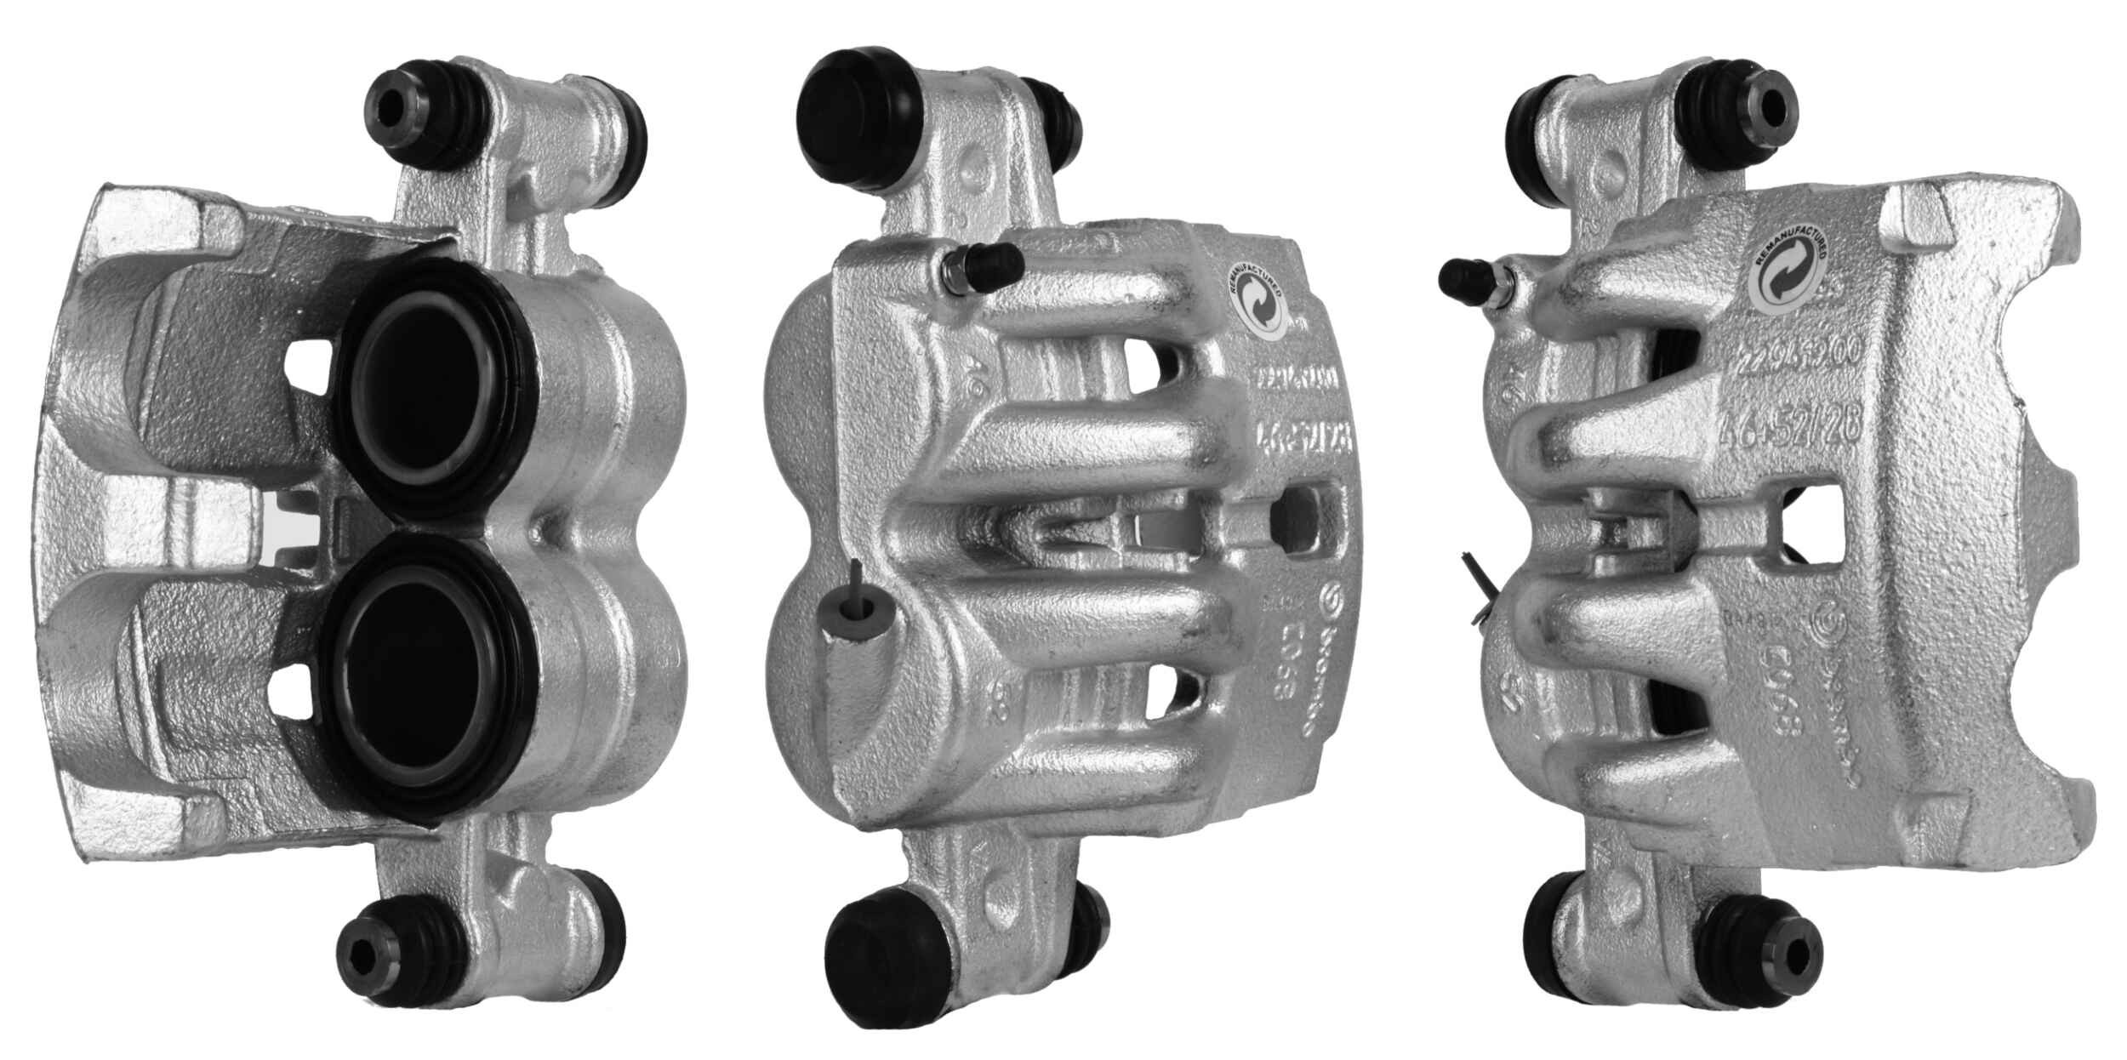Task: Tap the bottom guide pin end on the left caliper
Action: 364,950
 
